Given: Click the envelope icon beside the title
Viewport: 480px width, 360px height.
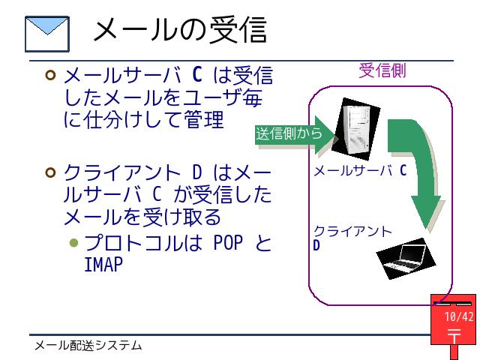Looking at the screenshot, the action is tap(47, 34).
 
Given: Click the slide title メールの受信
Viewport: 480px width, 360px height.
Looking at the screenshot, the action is tap(180, 29).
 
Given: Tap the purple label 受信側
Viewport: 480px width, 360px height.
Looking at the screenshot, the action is tap(382, 70).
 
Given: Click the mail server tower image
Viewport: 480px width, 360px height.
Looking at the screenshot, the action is tap(356, 129).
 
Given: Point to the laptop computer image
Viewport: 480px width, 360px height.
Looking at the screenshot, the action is tap(406, 258).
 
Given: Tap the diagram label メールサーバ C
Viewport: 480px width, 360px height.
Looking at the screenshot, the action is tap(360, 170).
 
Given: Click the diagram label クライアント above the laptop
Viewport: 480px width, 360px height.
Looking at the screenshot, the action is tap(352, 232).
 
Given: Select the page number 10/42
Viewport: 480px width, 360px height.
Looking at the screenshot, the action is tap(459, 316).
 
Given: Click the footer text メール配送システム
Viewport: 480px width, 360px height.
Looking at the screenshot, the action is tap(88, 346).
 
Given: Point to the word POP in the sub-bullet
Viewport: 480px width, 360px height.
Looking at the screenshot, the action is tap(228, 243).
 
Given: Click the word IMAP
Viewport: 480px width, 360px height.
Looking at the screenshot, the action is tap(103, 265).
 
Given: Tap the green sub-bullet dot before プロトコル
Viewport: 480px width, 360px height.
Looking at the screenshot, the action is tap(73, 243).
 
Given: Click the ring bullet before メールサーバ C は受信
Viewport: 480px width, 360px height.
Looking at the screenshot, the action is tap(50, 75).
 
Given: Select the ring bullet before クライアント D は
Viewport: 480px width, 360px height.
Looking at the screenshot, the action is tap(50, 172).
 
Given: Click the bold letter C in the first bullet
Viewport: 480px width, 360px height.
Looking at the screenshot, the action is tap(197, 74).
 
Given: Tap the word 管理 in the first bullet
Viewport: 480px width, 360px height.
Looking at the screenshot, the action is tap(204, 119).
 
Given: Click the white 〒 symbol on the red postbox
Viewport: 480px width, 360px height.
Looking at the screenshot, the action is tap(454, 336).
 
